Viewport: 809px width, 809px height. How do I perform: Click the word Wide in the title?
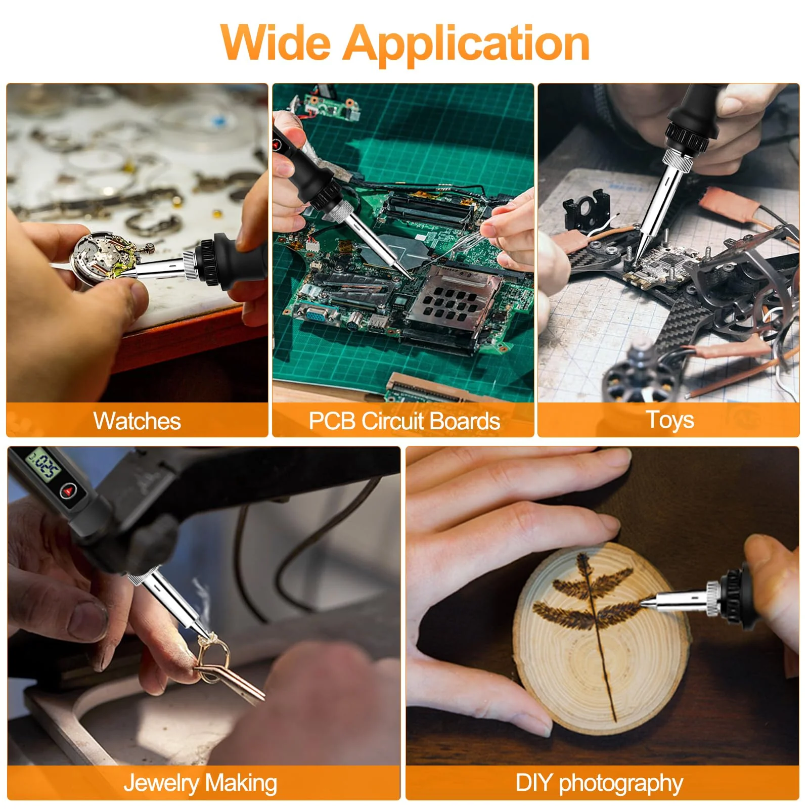click(276, 42)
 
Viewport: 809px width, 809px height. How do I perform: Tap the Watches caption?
click(137, 421)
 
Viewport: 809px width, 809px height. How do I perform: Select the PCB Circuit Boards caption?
click(404, 421)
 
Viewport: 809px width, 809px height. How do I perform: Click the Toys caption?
click(669, 420)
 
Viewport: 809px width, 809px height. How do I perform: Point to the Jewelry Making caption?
click(200, 783)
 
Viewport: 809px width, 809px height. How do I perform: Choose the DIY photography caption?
click(599, 783)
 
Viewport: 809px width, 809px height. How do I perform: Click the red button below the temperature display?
click(68, 490)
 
